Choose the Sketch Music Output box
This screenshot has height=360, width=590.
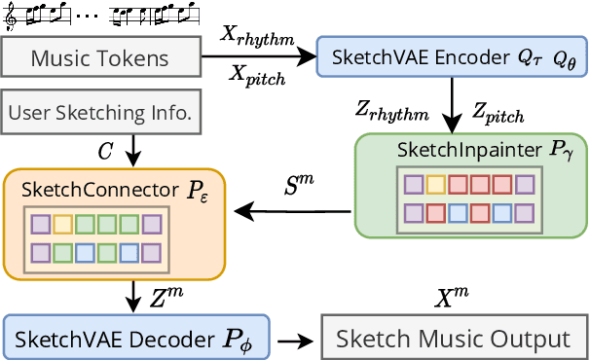pos(452,339)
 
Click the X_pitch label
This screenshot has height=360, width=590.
pos(257,78)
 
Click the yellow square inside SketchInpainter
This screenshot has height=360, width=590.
pos(436,185)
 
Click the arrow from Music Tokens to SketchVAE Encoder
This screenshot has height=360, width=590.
pos(258,57)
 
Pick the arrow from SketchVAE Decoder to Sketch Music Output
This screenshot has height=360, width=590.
pos(290,341)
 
